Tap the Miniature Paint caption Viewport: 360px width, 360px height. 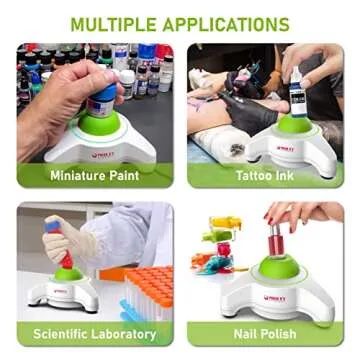94,175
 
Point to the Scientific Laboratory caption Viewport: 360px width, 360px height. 94,334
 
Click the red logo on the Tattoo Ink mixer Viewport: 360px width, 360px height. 285,148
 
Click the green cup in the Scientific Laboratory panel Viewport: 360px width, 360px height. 68,275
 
